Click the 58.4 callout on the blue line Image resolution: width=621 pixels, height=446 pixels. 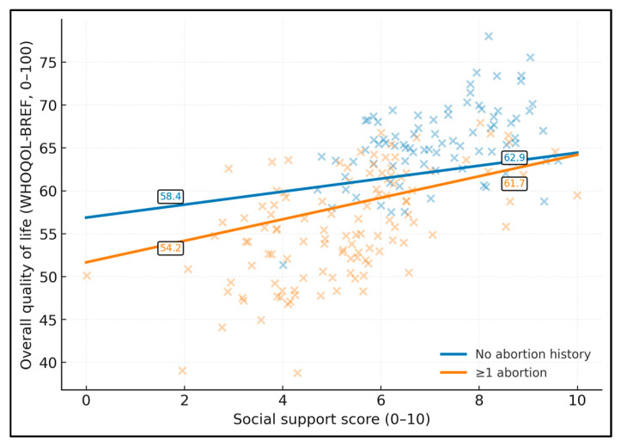tap(170, 197)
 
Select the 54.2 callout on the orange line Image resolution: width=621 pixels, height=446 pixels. tap(170, 248)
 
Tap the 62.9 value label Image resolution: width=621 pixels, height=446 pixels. tap(514, 157)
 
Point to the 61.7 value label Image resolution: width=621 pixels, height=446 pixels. tap(514, 184)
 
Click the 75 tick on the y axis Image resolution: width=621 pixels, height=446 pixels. tap(47, 63)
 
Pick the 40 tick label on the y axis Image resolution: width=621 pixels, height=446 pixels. tap(47, 363)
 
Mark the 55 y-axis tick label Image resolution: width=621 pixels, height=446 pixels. tap(47, 234)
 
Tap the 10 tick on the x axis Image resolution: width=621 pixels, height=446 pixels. tap(577, 400)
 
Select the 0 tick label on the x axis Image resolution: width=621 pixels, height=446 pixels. tap(86, 400)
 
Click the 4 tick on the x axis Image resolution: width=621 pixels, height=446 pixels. tap(283, 400)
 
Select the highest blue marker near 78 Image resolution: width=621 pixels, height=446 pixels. tap(489, 36)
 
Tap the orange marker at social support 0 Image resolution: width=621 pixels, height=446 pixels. tap(87, 276)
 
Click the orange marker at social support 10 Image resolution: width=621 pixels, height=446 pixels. tap(577, 195)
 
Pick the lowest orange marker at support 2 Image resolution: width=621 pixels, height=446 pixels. tap(182, 370)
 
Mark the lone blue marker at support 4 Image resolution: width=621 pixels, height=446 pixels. tap(283, 265)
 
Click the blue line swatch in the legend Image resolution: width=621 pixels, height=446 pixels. tap(454, 354)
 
